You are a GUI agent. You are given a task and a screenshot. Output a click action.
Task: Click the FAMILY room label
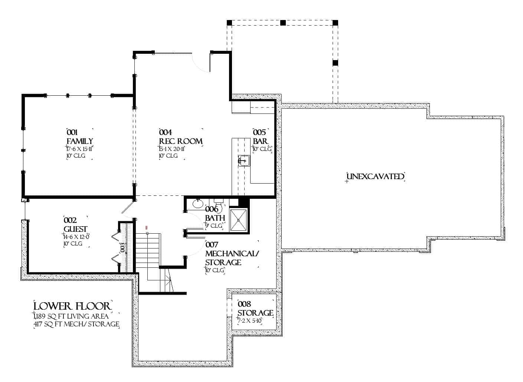tap(79, 141)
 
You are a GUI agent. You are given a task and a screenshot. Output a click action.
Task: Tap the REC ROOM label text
tap(181, 141)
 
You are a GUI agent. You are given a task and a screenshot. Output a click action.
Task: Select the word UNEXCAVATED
tap(375, 176)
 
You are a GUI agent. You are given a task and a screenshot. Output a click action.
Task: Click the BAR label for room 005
tap(261, 141)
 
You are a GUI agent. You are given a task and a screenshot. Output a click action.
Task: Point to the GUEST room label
tap(75, 229)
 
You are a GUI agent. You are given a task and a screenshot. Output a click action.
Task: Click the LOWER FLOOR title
tap(72, 306)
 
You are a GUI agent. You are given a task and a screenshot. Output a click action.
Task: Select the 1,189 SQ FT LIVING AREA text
tap(71, 316)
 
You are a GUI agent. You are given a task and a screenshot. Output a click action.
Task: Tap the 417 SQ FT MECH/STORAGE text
tap(76, 325)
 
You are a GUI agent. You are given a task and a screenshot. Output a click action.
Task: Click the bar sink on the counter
tap(244, 161)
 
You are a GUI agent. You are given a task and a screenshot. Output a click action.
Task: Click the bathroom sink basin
tap(198, 203)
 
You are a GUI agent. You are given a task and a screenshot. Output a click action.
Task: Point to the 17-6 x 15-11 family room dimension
tap(79, 149)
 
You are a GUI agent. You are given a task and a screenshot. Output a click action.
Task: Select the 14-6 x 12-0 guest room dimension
tap(76, 237)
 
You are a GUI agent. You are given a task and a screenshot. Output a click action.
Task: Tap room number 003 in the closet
tap(121, 247)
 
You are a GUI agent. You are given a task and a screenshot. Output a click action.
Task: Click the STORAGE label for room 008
tap(255, 313)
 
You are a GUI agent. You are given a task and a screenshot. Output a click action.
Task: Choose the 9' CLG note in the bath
tap(214, 225)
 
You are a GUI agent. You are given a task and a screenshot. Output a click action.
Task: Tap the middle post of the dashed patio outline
tap(283, 23)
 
